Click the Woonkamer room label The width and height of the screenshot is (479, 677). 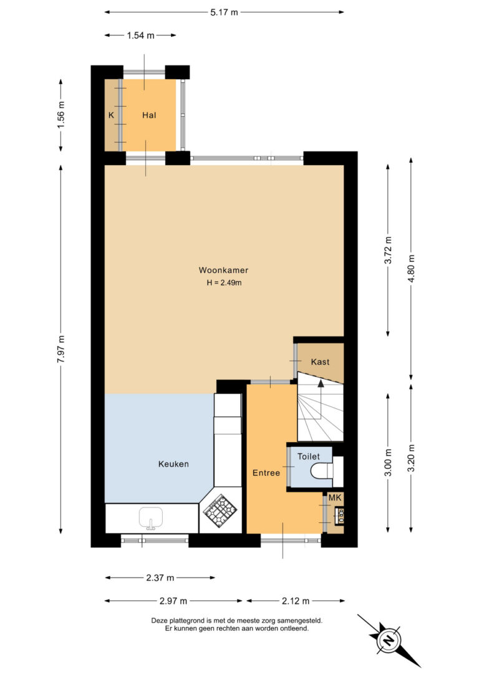(223, 271)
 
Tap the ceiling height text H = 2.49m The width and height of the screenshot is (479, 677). (224, 283)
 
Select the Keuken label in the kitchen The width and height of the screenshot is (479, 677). (173, 464)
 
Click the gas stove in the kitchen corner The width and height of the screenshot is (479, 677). (220, 512)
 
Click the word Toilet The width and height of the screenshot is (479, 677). (308, 456)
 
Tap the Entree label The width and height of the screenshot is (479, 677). (266, 473)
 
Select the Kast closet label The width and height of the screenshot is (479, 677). (320, 362)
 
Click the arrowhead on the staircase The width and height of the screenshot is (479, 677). (321, 383)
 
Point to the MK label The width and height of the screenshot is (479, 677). (335, 498)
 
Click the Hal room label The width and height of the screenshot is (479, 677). (149, 115)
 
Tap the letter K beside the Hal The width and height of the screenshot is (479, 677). (112, 115)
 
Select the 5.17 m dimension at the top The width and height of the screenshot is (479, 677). (224, 12)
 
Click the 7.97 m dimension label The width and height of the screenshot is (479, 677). (61, 349)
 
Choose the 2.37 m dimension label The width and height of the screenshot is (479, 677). (160, 578)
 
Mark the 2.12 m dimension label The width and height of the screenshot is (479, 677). (296, 600)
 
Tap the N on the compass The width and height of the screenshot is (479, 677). (389, 640)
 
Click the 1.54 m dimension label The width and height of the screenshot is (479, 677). (140, 36)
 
